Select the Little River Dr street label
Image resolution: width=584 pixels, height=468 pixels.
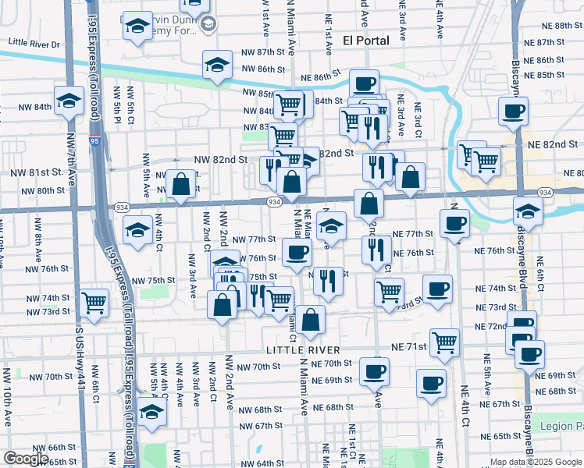coord(34,44)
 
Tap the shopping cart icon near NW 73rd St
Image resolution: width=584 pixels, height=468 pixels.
coord(94,301)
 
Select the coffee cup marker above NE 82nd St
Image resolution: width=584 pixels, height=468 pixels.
coord(513,111)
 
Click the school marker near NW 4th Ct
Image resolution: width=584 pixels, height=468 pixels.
coord(137,230)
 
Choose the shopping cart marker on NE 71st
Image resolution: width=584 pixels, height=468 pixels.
coord(444,342)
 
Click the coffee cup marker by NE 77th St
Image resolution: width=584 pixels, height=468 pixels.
coord(454,224)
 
